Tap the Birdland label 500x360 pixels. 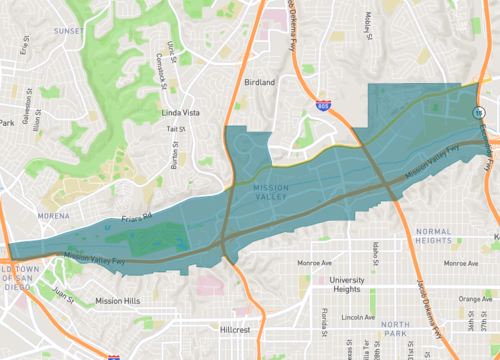pos(258,83)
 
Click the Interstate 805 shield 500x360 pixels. pos(322,104)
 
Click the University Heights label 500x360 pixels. pos(347,286)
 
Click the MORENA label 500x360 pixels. pos(53,216)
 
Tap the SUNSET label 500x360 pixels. pos(68,31)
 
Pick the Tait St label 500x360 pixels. pos(177,129)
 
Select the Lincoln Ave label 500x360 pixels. pos(357,317)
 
